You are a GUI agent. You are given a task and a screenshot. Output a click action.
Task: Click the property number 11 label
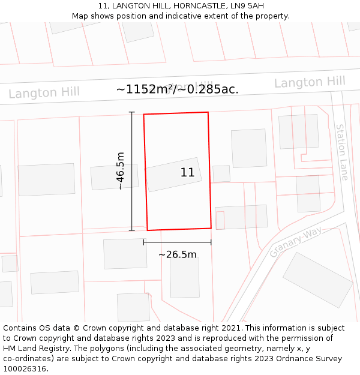tap(187, 173)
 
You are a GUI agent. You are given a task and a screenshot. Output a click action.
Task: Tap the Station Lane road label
tap(341, 152)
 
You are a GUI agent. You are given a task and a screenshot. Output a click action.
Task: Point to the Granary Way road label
tap(296, 242)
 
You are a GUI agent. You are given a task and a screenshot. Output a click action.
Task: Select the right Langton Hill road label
tap(310, 82)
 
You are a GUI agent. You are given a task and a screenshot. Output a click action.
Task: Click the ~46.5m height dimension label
tap(121, 171)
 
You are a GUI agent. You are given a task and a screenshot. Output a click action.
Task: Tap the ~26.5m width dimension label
tap(177, 254)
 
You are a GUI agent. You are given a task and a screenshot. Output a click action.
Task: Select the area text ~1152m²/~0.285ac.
tap(178, 89)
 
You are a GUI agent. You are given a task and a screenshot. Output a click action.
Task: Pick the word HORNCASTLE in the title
tap(187, 6)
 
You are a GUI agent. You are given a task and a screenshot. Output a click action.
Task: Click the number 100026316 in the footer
tap(26, 368)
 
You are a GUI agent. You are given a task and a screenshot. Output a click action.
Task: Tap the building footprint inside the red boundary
tap(173, 175)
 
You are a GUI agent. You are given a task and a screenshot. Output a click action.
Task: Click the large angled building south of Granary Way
tap(317, 280)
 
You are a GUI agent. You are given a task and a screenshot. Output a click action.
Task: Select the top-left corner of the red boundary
tap(144, 114)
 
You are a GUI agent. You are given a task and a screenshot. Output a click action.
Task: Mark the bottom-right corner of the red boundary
tap(211, 228)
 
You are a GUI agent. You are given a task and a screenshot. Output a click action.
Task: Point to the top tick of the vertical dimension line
tap(132, 113)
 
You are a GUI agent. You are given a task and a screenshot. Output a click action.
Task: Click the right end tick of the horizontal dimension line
tap(211, 242)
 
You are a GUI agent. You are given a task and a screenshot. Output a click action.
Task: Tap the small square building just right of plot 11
tap(221, 173)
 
